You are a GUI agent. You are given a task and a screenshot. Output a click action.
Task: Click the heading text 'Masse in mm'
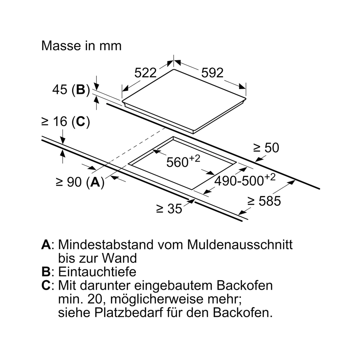point(81,46)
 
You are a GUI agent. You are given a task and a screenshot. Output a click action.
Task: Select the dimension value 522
point(145,73)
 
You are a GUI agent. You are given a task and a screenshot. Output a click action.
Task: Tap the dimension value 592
point(212,73)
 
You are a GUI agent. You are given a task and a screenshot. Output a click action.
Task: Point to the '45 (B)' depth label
point(71,89)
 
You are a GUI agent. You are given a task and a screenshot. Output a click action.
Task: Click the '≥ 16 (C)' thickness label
point(66,121)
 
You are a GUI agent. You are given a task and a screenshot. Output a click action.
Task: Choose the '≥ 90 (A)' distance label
point(80,182)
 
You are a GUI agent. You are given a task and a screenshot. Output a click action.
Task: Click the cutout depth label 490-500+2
point(245,180)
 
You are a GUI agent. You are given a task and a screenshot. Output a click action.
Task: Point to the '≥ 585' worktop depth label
point(264,201)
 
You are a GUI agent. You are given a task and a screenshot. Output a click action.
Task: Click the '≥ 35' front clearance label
point(169,209)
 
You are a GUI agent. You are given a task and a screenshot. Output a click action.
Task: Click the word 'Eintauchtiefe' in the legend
point(97,272)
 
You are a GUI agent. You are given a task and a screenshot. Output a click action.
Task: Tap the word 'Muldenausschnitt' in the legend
point(240,244)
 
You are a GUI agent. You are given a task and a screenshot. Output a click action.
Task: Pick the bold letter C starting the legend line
point(46,285)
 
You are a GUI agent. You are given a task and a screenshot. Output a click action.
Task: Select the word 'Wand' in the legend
point(120,258)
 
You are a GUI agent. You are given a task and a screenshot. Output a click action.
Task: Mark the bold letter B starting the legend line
point(46,272)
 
